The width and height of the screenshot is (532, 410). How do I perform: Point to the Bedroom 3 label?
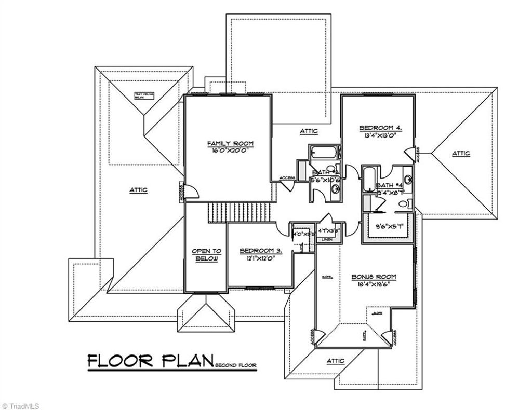click(x=261, y=251)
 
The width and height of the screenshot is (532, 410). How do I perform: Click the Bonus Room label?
click(x=370, y=277)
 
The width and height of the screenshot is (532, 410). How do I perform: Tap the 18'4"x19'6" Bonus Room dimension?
click(x=370, y=284)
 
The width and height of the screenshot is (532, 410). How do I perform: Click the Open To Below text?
click(x=206, y=255)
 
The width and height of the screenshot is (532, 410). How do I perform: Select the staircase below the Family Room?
click(x=240, y=212)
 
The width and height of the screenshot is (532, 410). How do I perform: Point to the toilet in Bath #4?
click(x=408, y=203)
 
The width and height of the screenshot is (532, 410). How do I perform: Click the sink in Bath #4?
click(x=408, y=180)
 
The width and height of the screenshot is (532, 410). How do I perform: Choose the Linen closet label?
click(x=327, y=239)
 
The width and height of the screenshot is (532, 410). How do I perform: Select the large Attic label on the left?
click(x=138, y=190)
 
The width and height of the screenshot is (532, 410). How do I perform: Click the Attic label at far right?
click(x=461, y=153)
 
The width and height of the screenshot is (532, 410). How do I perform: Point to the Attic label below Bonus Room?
click(x=336, y=361)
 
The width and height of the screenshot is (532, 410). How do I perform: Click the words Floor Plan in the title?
click(x=151, y=361)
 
